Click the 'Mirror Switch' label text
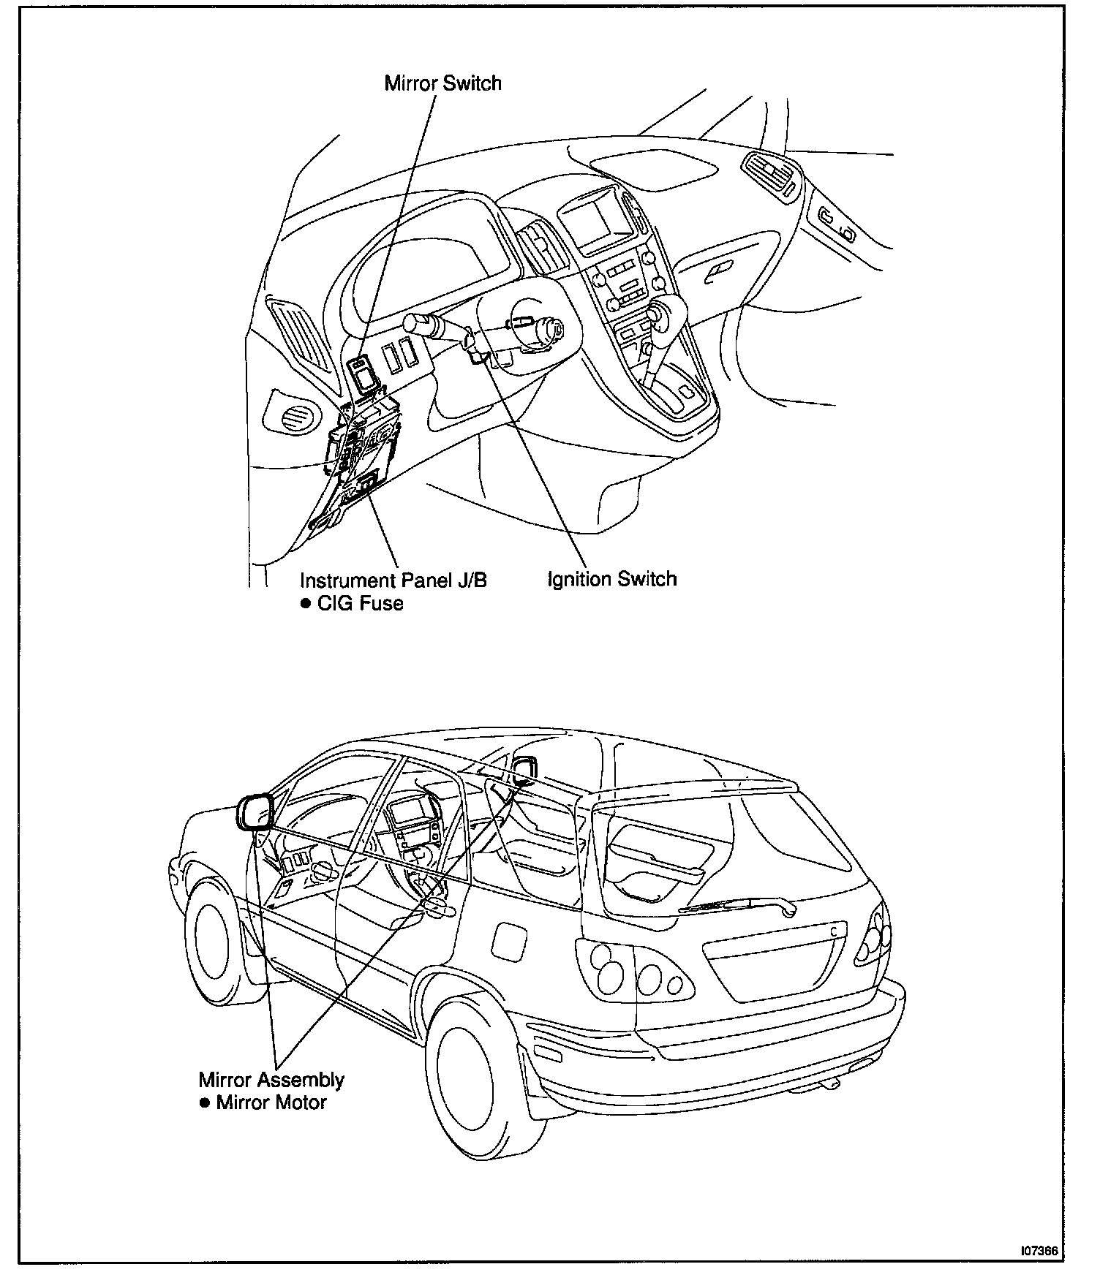pos(442,83)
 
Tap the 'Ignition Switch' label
pos(612,579)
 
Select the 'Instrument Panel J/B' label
pos(393,580)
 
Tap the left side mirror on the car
pos(253,812)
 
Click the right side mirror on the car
pos(524,771)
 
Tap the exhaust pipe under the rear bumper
pos(832,1084)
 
